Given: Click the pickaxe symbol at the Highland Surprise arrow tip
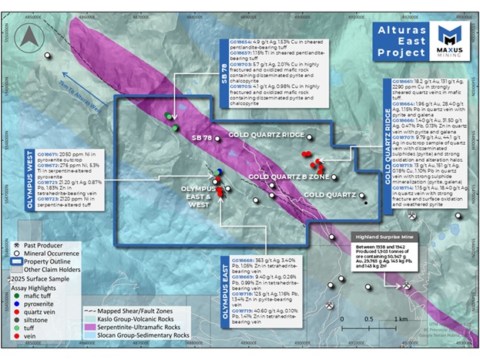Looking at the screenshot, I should point(406,285).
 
